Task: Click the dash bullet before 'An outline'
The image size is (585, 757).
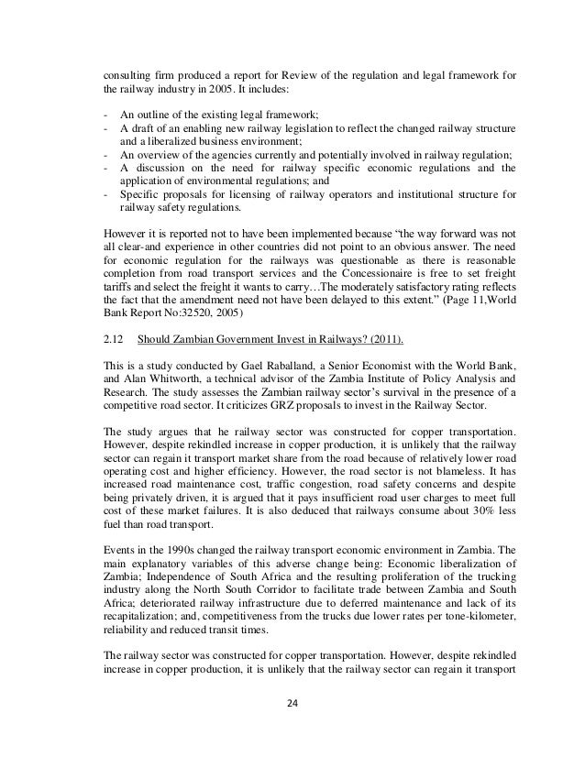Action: coord(106,113)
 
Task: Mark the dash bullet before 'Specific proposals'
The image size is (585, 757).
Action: coord(106,193)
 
